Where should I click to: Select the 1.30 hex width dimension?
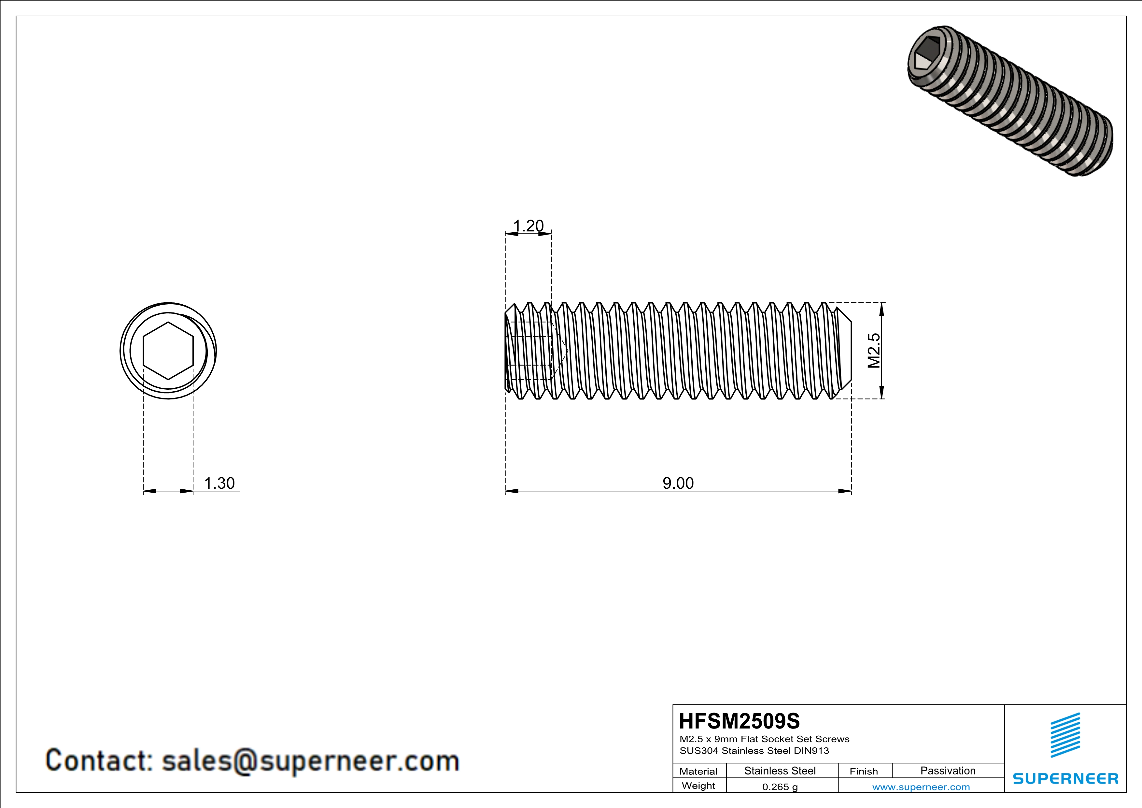[219, 483]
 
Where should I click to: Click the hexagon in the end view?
[168, 351]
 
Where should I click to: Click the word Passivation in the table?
[948, 771]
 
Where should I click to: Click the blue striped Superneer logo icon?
[1065, 735]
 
